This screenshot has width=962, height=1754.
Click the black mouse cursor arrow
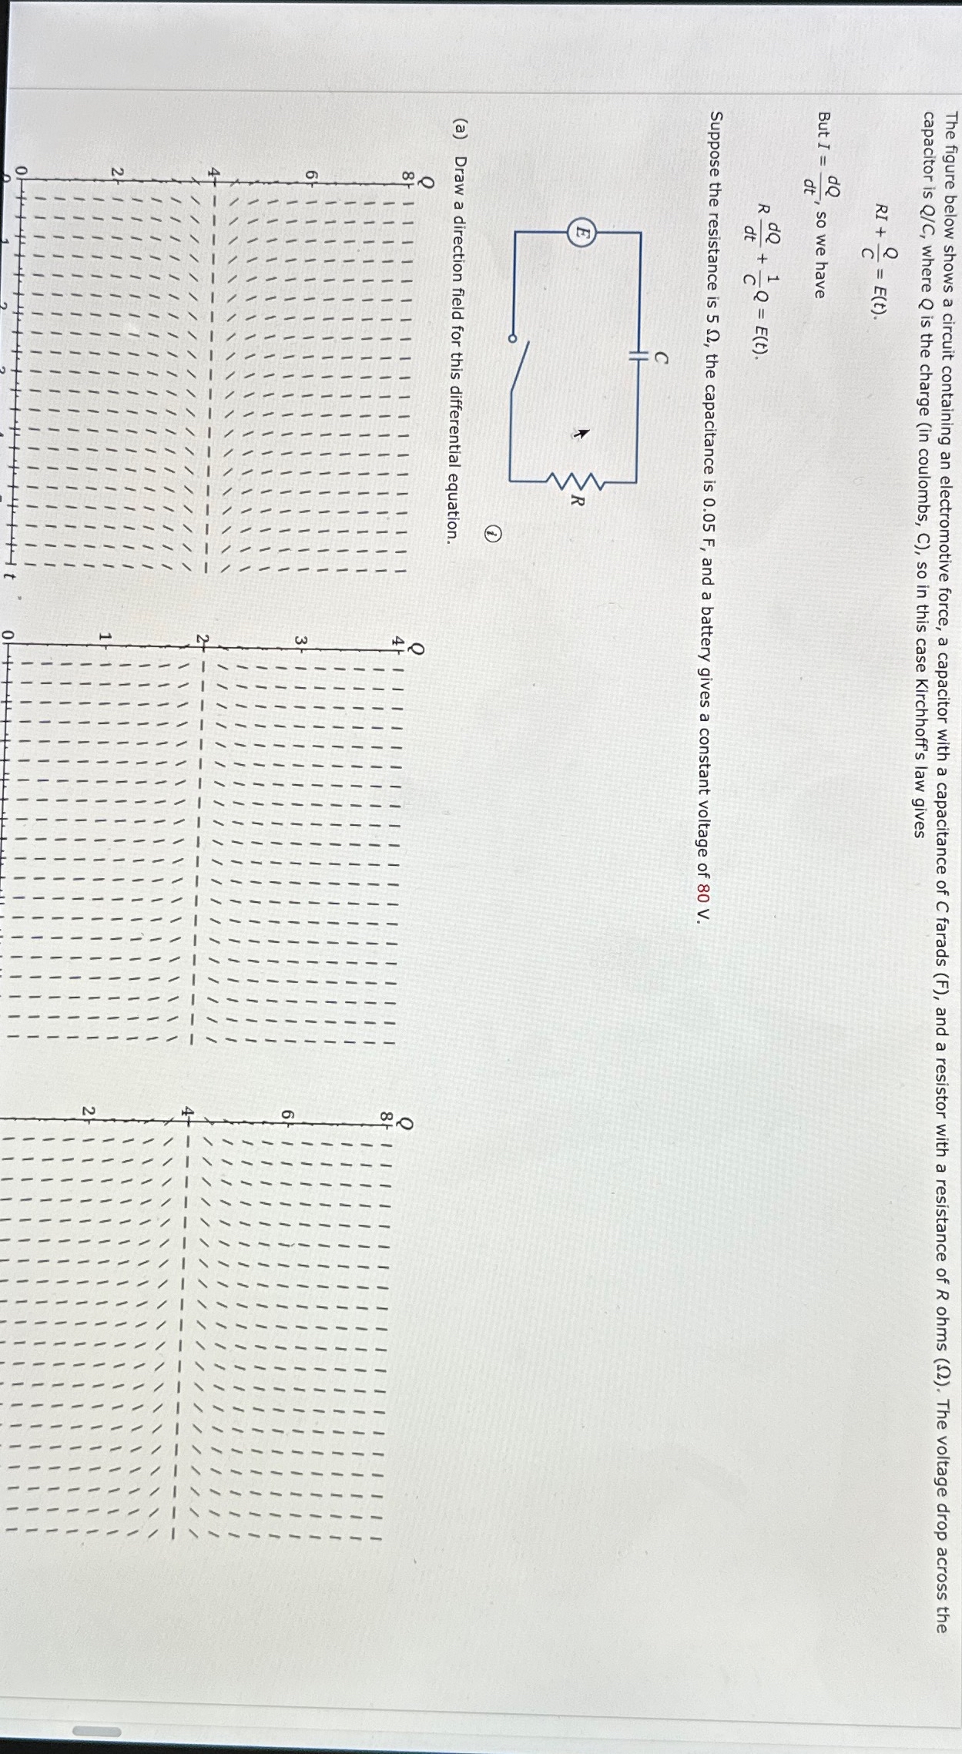pos(582,434)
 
